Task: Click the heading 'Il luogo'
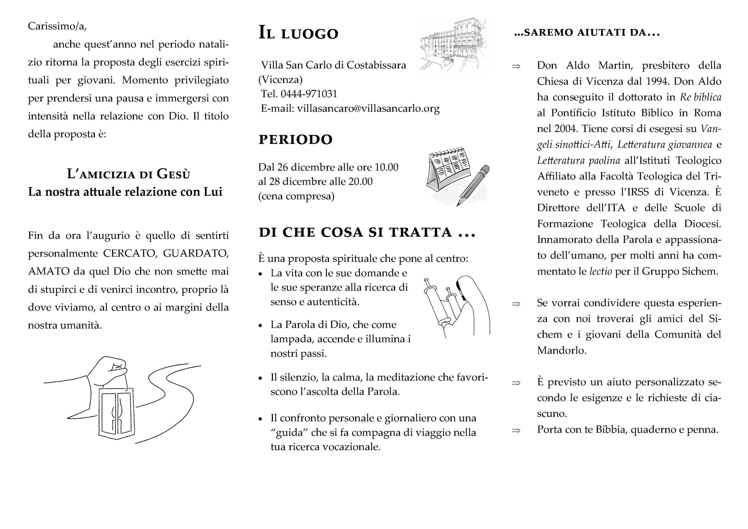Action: tap(298, 33)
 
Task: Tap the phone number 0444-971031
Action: tap(309, 94)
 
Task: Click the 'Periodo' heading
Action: tap(295, 139)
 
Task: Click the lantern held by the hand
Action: tap(117, 413)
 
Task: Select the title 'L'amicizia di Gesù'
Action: tap(128, 174)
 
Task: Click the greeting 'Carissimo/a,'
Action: tap(57, 26)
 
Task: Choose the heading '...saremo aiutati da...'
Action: tap(587, 33)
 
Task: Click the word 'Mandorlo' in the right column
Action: tap(561, 350)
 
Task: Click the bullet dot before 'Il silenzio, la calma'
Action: tap(260, 378)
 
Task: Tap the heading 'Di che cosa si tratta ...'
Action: tap(367, 232)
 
